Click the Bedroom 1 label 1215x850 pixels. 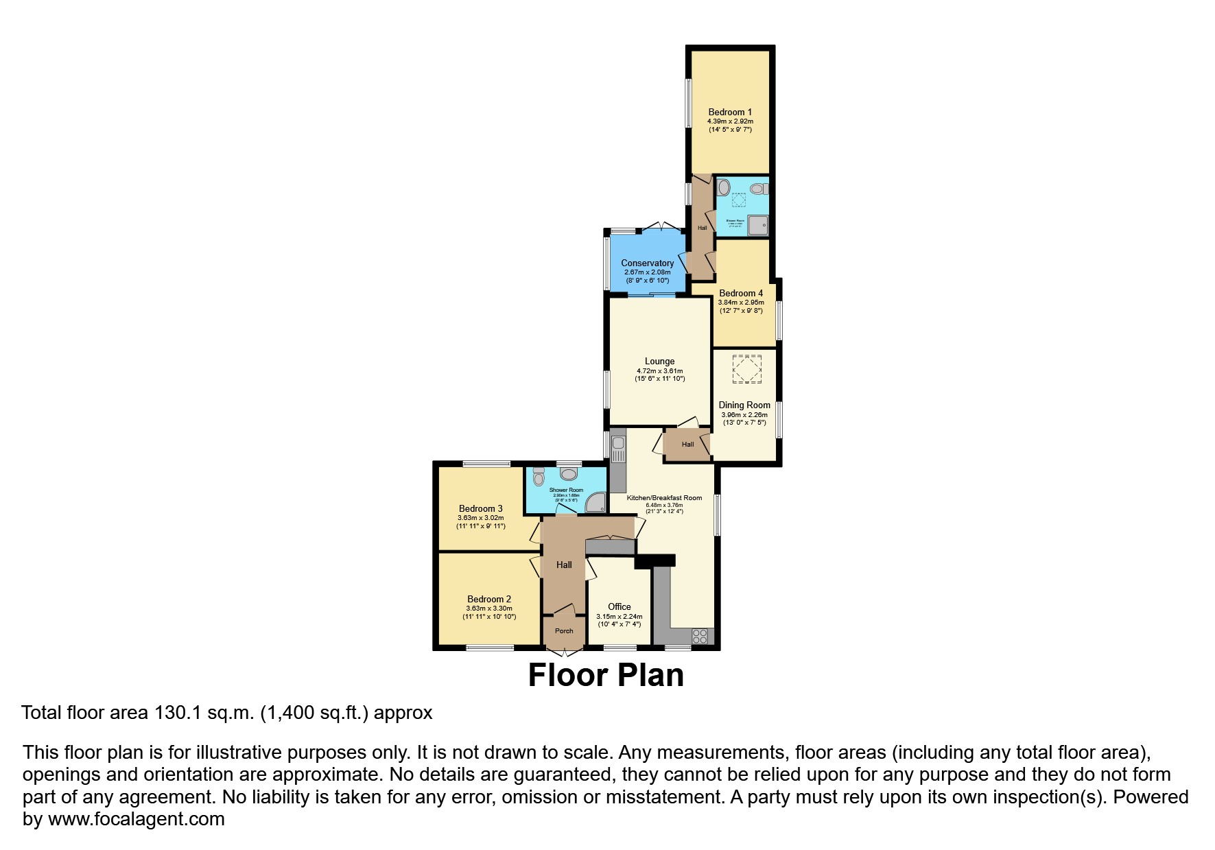[730, 112]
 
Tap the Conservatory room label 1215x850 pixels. [647, 263]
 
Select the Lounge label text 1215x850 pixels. [659, 362]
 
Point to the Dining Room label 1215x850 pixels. [744, 405]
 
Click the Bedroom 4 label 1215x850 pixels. [741, 293]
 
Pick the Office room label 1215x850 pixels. [619, 606]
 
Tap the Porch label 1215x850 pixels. [564, 631]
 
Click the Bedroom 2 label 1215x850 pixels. [489, 599]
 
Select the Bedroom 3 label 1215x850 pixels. [481, 508]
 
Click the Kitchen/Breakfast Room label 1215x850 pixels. [664, 497]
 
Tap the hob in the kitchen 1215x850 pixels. [699, 636]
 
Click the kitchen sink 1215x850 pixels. [617, 449]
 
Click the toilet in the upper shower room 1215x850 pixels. [757, 188]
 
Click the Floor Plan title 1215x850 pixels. [606, 674]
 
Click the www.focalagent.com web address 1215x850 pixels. [136, 818]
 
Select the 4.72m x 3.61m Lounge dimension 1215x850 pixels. [659, 371]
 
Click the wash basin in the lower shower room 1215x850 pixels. [569, 473]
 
